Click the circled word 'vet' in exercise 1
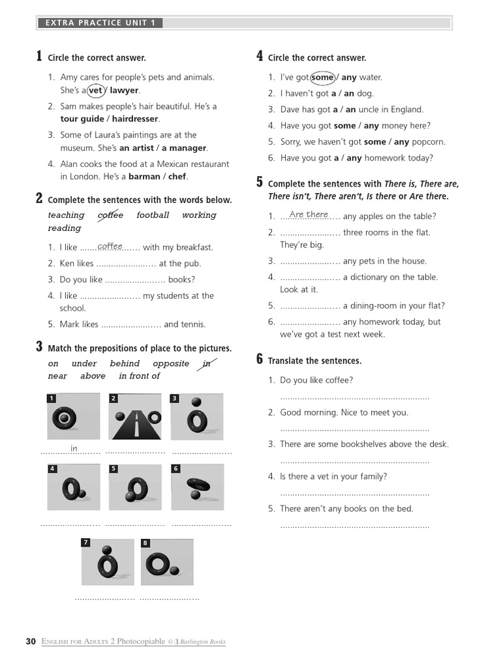[x=96, y=91]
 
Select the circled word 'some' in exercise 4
[x=322, y=78]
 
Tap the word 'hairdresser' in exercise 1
[x=136, y=119]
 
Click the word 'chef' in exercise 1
[x=177, y=177]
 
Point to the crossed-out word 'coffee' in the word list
[x=110, y=215]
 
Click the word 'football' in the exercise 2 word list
[x=153, y=215]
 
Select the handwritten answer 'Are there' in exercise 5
[x=309, y=215]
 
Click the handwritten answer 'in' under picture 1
[x=74, y=449]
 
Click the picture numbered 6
[x=196, y=487]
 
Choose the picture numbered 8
[x=167, y=562]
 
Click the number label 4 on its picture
[x=52, y=468]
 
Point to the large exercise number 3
[x=39, y=347]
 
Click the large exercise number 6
[x=260, y=359]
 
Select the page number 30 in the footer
[x=31, y=641]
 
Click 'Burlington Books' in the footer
[x=204, y=642]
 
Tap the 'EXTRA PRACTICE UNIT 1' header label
[x=100, y=23]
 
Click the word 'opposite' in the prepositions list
[x=171, y=364]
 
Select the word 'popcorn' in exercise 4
[x=430, y=142]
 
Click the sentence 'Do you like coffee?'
[x=316, y=380]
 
